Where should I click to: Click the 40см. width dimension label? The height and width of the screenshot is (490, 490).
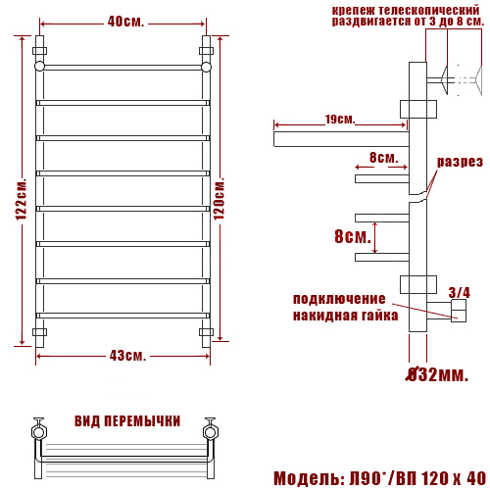pos(125,22)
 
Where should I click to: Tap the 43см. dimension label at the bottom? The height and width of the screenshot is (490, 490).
pos(127,356)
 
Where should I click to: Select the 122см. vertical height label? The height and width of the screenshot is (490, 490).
pos(22,199)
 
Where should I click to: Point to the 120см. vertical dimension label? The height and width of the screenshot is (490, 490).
pos(220,199)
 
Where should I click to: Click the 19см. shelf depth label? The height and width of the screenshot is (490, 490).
pos(340,120)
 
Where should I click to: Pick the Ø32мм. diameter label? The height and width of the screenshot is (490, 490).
pos(437,374)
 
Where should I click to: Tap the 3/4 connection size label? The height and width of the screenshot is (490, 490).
pos(459,293)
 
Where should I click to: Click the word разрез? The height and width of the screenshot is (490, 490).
pos(460,162)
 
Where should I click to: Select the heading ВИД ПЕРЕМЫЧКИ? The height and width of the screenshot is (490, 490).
pos(127,421)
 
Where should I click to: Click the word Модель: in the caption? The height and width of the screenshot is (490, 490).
pos(309,479)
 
